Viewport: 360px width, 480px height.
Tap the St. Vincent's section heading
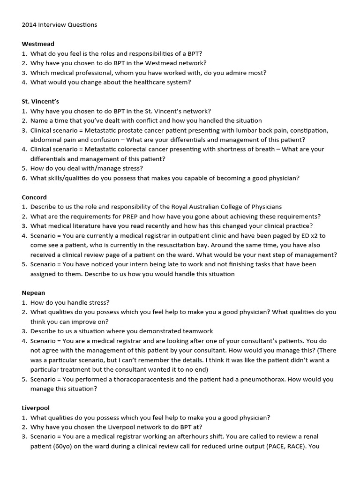[x=40, y=101]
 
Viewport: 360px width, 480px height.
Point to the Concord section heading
[x=34, y=197]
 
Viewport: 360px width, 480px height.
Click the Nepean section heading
[x=33, y=293]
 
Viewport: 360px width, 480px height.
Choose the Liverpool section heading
[x=36, y=408]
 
